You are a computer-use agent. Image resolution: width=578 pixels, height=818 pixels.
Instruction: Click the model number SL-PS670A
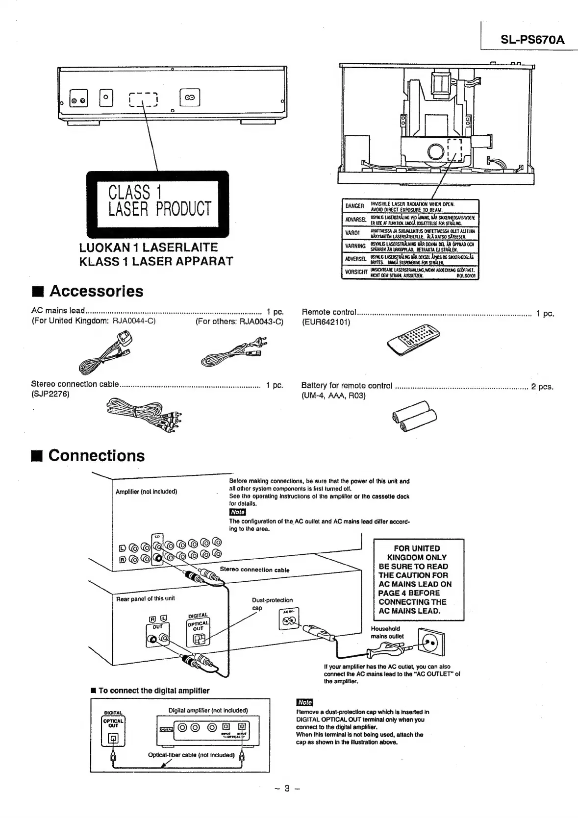[x=532, y=39]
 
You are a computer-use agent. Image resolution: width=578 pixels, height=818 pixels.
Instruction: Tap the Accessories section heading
[x=96, y=291]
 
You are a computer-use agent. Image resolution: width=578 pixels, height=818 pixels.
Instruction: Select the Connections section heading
[x=96, y=455]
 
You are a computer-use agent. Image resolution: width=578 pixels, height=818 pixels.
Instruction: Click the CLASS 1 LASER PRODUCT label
[x=157, y=200]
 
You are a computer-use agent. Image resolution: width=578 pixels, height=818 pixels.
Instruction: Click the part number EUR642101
[x=326, y=322]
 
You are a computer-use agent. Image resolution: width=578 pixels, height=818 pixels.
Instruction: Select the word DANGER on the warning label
[x=354, y=206]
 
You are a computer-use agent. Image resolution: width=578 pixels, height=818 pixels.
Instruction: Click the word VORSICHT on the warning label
[x=356, y=272]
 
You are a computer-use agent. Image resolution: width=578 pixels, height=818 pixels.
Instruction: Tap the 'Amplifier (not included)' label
[x=146, y=491]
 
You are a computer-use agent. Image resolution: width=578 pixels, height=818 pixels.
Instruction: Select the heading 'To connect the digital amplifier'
[x=153, y=691]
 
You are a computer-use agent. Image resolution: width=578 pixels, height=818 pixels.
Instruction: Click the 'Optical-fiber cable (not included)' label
[x=191, y=755]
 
